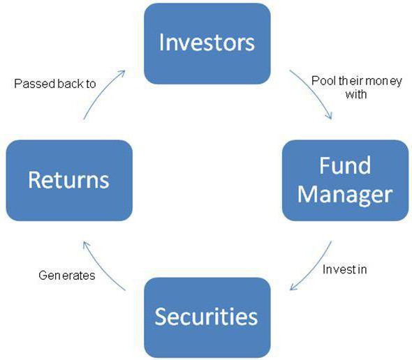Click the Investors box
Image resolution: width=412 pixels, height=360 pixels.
point(207,43)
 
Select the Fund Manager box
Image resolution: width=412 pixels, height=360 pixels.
point(345,181)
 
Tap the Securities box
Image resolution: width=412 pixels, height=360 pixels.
point(207,317)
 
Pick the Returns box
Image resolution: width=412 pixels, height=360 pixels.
point(69,181)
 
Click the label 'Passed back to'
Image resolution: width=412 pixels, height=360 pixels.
point(55,84)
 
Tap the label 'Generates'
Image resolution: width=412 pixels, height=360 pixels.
point(67,276)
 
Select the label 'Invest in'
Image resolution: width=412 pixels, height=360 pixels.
point(344,269)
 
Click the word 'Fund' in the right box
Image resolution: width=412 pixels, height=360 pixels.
point(345,165)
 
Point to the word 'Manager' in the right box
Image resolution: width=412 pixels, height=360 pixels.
point(345,195)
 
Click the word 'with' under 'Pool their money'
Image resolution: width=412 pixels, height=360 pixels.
point(356,94)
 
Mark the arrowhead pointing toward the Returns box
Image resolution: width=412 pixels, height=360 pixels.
point(86,246)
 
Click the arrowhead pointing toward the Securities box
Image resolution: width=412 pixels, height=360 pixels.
point(293,286)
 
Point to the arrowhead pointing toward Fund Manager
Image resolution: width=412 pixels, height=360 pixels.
point(329,116)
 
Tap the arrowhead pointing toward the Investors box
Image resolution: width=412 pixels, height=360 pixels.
point(122,73)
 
